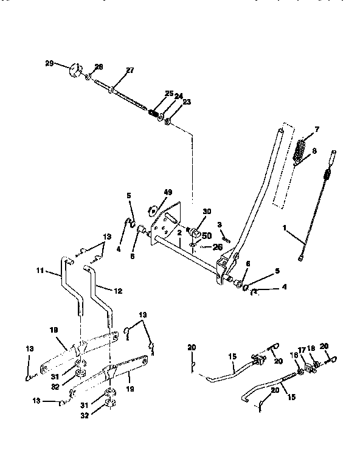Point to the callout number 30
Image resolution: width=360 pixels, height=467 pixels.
click(x=206, y=211)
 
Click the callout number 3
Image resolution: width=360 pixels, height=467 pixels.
click(x=219, y=224)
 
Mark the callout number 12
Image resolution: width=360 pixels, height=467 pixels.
click(x=118, y=291)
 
